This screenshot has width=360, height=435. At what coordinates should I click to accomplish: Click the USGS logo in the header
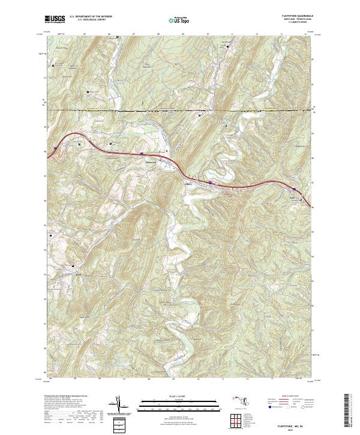(55, 19)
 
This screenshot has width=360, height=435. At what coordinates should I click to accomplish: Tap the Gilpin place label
(190, 184)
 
